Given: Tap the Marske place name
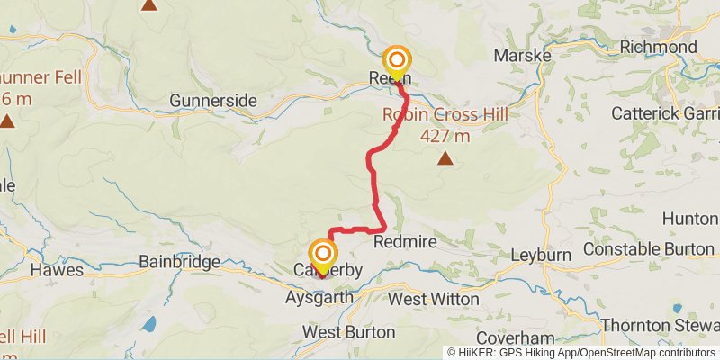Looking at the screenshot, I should tap(522, 56).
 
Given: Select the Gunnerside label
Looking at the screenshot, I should tap(213, 101).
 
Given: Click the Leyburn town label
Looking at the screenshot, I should tap(541, 255).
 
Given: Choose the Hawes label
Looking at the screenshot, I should tap(57, 269).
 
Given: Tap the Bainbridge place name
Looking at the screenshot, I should tap(180, 262).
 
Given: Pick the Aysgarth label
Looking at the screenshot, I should tap(316, 297).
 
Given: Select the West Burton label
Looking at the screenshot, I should tap(348, 332).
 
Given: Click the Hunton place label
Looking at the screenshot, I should tap(690, 219).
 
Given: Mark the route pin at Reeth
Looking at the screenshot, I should tap(396, 61).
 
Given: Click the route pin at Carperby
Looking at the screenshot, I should tap(321, 254).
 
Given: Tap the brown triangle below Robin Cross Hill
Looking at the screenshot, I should tap(445, 159).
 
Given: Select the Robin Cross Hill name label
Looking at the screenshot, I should tap(445, 114).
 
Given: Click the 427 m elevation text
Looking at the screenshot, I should tap(445, 136).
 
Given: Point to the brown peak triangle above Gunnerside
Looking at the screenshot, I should tap(149, 4).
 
